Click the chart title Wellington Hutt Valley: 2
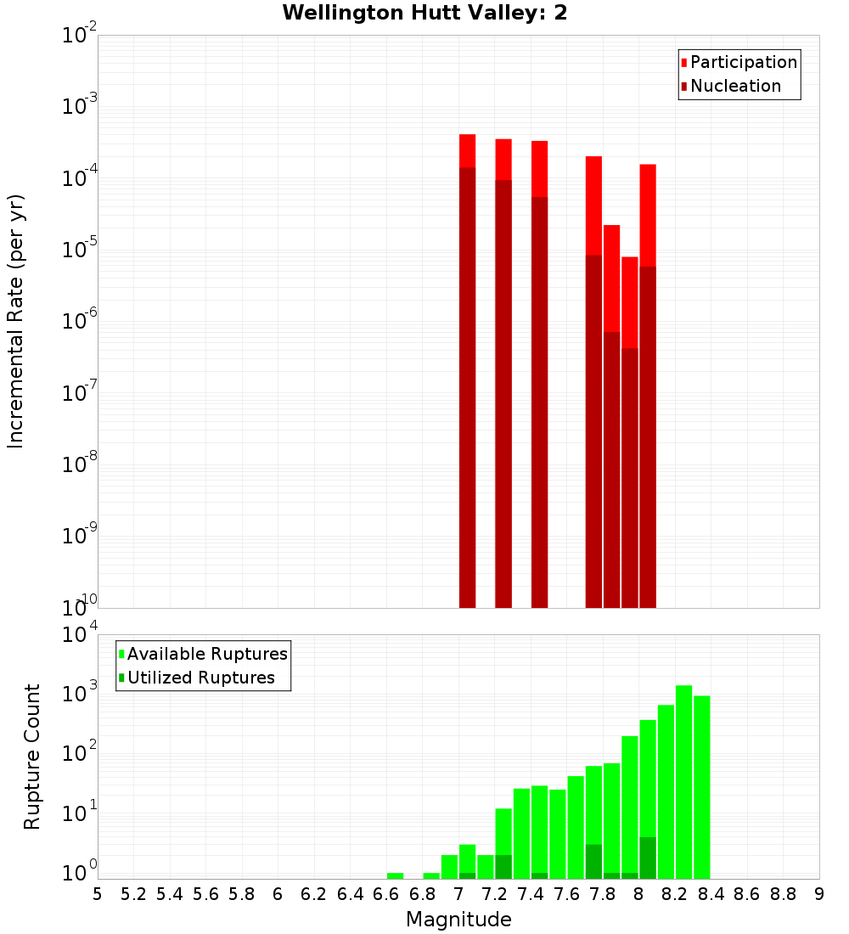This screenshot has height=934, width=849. [424, 13]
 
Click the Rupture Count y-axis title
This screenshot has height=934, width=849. [32, 756]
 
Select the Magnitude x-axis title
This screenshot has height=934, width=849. [458, 920]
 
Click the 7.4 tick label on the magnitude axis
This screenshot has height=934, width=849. [531, 895]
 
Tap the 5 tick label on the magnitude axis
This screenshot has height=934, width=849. [98, 895]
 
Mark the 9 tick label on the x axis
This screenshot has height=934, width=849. [819, 895]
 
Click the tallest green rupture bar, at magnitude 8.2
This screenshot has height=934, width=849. [683, 781]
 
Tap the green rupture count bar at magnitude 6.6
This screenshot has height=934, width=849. [395, 875]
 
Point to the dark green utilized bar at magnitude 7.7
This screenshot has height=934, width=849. [593, 861]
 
